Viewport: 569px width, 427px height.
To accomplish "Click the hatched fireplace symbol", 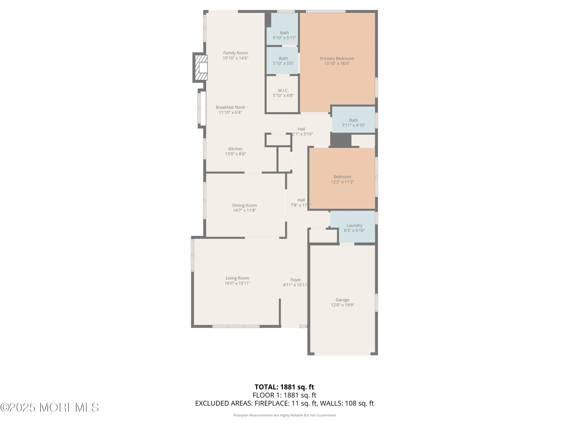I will [x=201, y=67].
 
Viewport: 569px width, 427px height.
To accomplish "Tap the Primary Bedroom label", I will [x=337, y=58].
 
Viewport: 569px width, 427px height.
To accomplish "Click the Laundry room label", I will [x=354, y=225].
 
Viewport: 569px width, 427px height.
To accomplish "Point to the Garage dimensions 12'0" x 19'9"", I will [x=342, y=305].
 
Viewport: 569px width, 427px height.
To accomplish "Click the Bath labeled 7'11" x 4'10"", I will [x=353, y=123].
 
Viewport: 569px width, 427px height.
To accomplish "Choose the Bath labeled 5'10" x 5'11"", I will [x=284, y=35].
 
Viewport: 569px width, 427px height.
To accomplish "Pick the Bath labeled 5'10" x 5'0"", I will [x=283, y=61].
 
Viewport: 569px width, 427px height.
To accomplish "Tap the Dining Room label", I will [x=244, y=205].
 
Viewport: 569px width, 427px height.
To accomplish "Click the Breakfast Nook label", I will [x=230, y=107].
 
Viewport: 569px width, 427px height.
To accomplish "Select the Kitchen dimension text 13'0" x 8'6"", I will [x=235, y=154].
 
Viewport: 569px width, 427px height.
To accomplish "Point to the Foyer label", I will [x=296, y=280].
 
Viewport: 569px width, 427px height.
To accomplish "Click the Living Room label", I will [x=237, y=278].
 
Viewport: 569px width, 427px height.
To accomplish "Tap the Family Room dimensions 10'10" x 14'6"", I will [x=235, y=58].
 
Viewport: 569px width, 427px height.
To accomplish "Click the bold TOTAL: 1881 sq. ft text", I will [x=284, y=387].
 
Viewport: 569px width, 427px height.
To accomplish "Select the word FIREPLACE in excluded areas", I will [x=271, y=403].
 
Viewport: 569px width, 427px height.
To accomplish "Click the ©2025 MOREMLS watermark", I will [x=50, y=407].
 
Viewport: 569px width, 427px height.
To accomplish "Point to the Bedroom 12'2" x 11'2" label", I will [x=342, y=179].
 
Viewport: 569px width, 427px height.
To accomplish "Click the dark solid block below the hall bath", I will [x=341, y=140].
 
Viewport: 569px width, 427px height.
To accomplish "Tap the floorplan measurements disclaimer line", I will [x=284, y=415].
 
